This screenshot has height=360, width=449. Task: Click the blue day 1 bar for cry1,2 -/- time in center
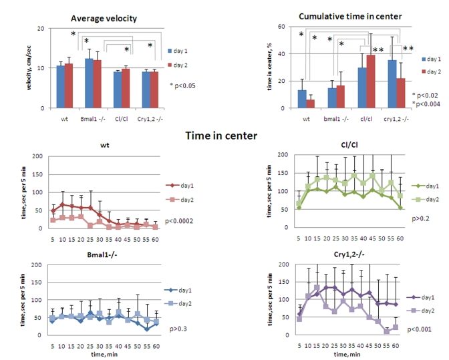pyautogui.click(x=392, y=84)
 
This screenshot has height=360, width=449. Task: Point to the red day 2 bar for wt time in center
pyautogui.click(x=310, y=104)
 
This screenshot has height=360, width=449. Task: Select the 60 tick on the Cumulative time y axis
pyautogui.click(x=283, y=27)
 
